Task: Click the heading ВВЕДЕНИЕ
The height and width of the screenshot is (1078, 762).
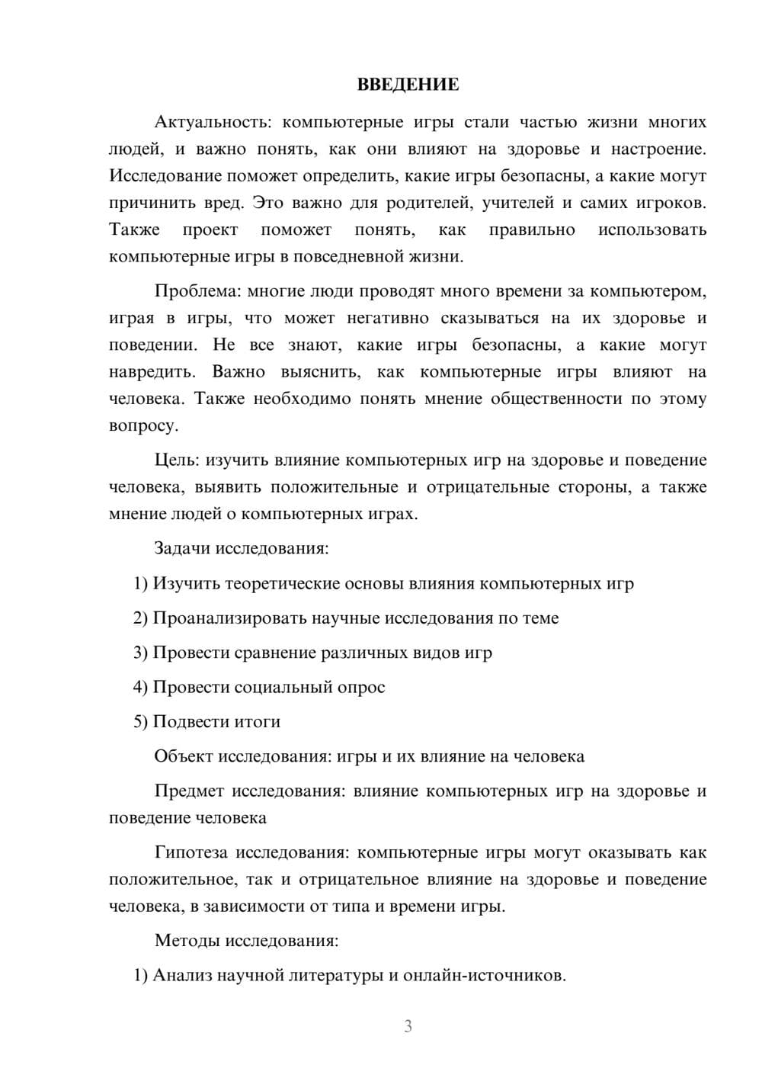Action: click(x=408, y=85)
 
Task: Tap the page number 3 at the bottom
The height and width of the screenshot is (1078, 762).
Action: click(x=408, y=1026)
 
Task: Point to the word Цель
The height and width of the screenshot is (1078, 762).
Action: click(x=174, y=460)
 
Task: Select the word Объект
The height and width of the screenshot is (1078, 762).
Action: click(x=183, y=756)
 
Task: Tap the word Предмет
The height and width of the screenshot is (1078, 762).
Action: click(x=189, y=791)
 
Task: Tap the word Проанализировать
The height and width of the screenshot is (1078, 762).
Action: click(x=230, y=618)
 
